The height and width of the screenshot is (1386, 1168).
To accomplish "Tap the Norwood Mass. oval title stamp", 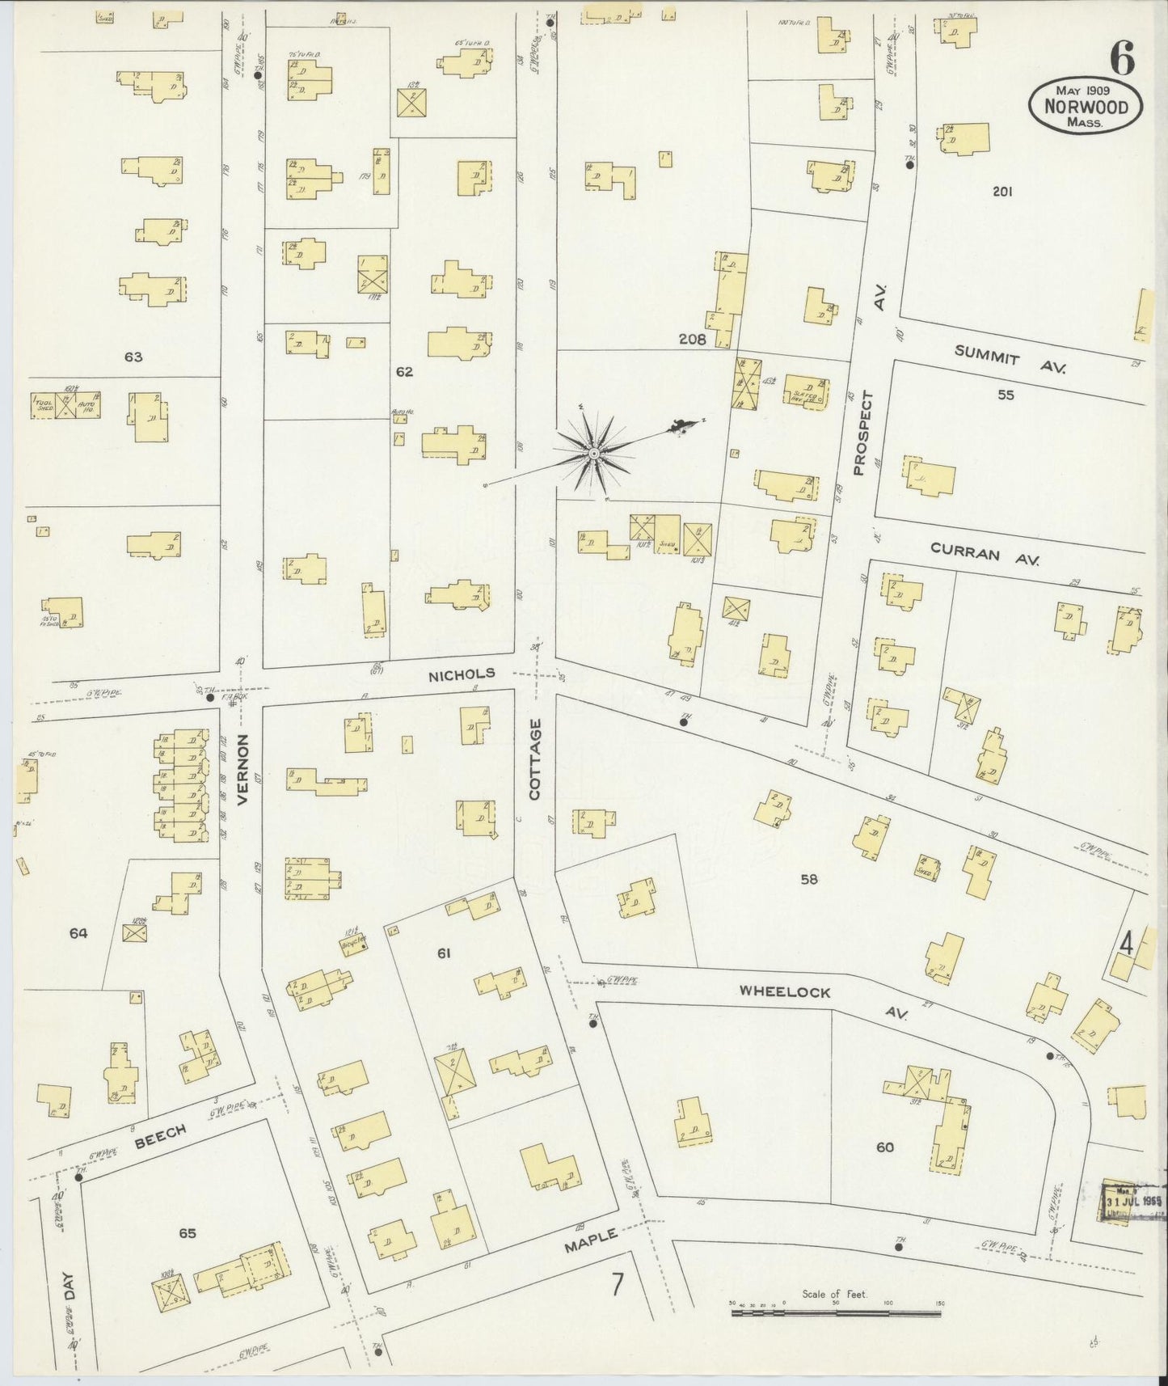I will pyautogui.click(x=1084, y=107).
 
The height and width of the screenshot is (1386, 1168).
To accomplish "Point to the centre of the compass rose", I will pyautogui.click(x=594, y=454).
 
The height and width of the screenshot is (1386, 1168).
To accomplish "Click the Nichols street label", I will pyautogui.click(x=461, y=674).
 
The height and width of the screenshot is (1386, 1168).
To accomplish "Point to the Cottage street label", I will pyautogui.click(x=535, y=759).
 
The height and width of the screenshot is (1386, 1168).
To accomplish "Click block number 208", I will pyautogui.click(x=692, y=340).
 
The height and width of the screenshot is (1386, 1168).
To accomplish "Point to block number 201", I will pyautogui.click(x=1002, y=192).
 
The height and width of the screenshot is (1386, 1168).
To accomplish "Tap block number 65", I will pyautogui.click(x=188, y=1233).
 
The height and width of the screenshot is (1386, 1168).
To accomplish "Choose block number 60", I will pyautogui.click(x=885, y=1147).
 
